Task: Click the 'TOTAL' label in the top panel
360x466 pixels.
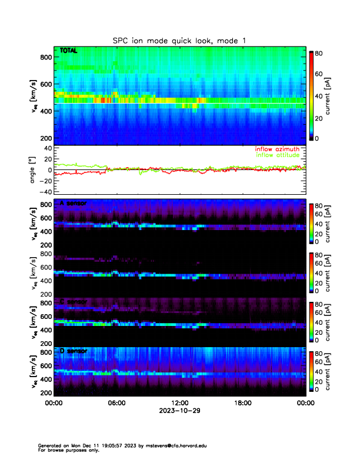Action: [69, 51]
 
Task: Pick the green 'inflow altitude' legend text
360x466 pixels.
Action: [279, 155]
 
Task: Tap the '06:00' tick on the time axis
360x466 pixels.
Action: [116, 403]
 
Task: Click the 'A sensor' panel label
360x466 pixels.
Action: [73, 204]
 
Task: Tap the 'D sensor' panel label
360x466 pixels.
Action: [73, 351]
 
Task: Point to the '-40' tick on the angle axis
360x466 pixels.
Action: [44, 192]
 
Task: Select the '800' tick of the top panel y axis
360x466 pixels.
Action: [45, 56]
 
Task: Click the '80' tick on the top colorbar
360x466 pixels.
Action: [319, 53]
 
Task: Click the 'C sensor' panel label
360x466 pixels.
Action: [73, 302]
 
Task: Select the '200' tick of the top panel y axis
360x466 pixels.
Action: [45, 138]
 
